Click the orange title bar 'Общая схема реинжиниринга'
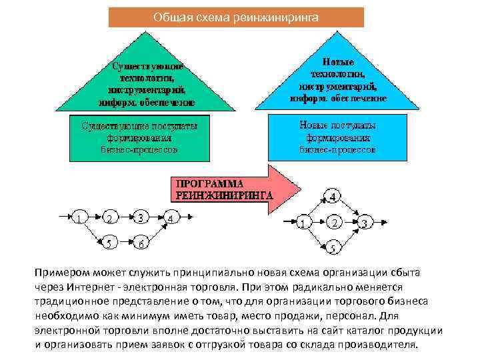tap(236, 17)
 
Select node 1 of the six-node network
tap(79, 217)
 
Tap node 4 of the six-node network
tap(171, 217)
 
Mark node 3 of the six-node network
tap(141, 217)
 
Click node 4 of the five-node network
tap(333, 197)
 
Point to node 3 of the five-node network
tap(364, 222)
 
